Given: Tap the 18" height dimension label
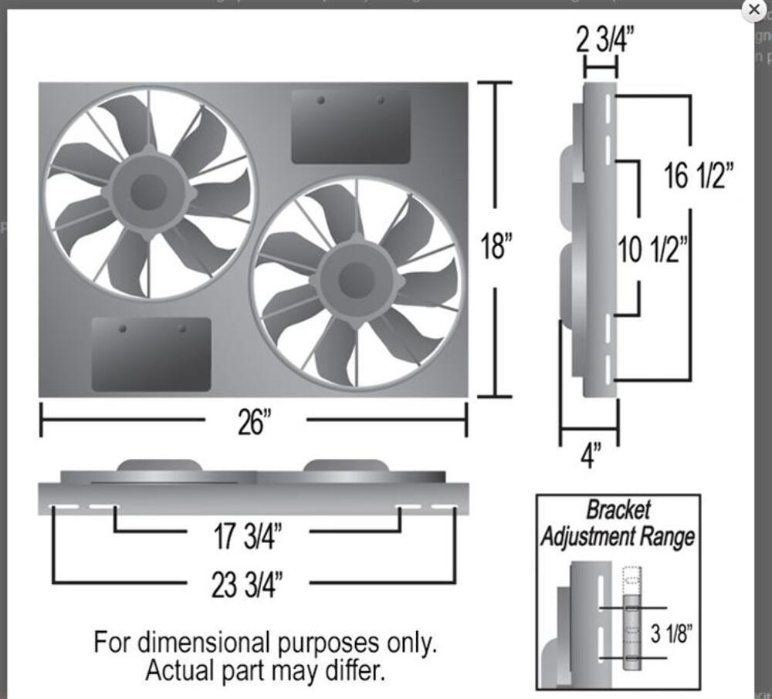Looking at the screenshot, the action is (496, 246).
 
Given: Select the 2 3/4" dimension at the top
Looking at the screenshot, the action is (604, 39).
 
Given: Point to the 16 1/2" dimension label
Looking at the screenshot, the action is (699, 176).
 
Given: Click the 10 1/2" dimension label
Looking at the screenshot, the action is (653, 249).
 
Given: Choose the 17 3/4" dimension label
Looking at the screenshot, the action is (248, 536).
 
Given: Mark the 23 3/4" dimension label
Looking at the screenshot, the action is (247, 584).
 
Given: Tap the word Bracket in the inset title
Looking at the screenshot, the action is (618, 510).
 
